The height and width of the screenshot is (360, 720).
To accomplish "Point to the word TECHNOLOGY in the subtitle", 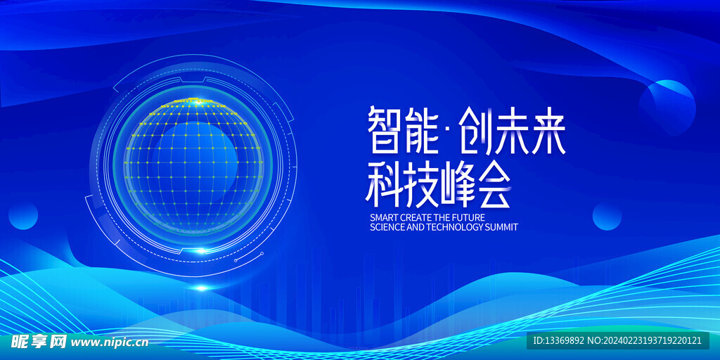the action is pyautogui.click(x=455, y=227).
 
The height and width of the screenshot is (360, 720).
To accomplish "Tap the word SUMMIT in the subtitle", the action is pyautogui.click(x=502, y=227).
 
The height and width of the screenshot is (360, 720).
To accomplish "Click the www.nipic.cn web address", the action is pyautogui.click(x=110, y=342).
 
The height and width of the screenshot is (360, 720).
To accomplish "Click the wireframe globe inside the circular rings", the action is pyautogui.click(x=193, y=165).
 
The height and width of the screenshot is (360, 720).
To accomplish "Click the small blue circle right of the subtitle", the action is pyautogui.click(x=607, y=217).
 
